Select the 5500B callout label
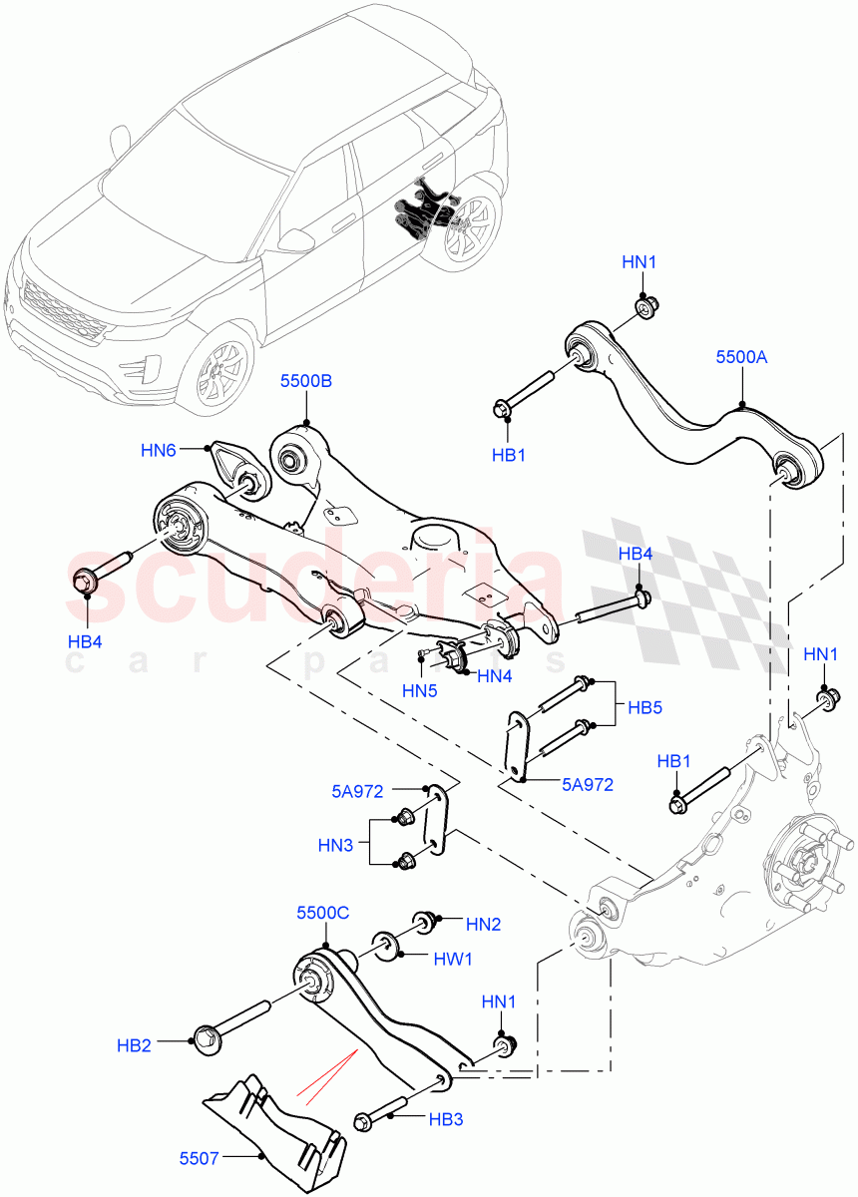point(305,382)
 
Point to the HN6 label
point(159,450)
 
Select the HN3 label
point(335,845)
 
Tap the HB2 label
point(134,1045)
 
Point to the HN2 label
point(483,924)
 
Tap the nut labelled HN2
point(424,921)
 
